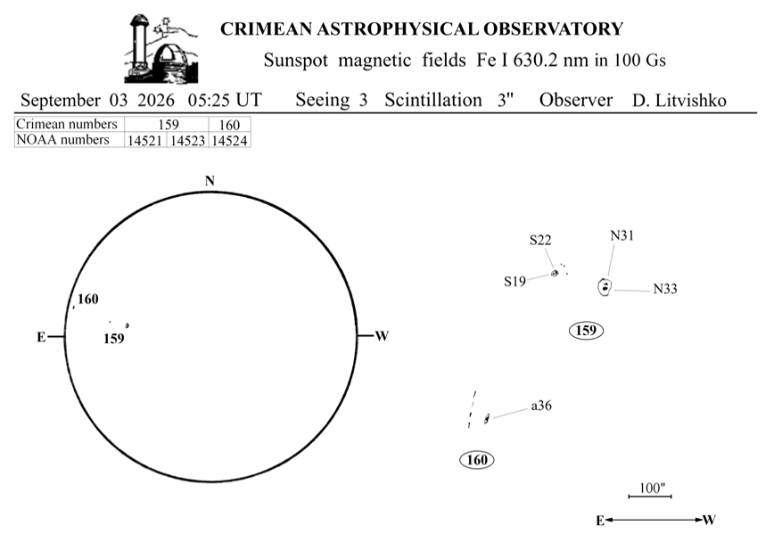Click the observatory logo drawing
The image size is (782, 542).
(x=161, y=48)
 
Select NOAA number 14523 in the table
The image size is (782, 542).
(x=187, y=141)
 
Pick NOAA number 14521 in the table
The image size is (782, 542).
(x=144, y=141)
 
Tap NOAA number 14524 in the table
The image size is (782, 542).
(x=229, y=141)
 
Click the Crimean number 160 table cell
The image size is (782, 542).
(x=229, y=125)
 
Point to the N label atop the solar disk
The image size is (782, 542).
(x=210, y=180)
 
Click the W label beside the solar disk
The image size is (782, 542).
(x=382, y=336)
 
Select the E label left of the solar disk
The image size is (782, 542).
(x=41, y=338)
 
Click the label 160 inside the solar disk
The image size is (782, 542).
(x=88, y=300)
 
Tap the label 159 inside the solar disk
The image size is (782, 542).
(x=114, y=339)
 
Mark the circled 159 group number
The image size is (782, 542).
(x=587, y=331)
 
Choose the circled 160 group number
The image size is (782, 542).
(x=477, y=459)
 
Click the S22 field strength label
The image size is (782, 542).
(x=540, y=241)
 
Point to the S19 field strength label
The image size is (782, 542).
(x=515, y=282)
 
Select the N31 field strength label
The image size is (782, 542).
(x=621, y=235)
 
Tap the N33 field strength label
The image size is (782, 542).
(x=665, y=289)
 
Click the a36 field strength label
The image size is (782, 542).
(x=541, y=406)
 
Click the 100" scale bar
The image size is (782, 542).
(x=650, y=497)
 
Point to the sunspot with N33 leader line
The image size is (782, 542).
(x=605, y=287)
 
